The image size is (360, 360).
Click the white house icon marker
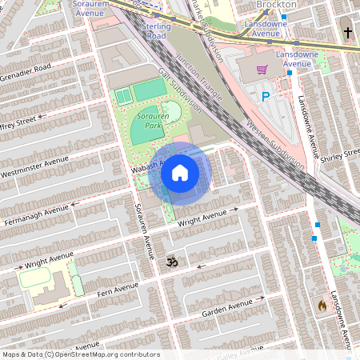click(179, 173)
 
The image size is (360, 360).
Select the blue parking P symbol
click(266, 97)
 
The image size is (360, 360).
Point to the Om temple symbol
click(170, 261)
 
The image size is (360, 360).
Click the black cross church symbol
click(348, 33)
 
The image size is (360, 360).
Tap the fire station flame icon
click(322, 305)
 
